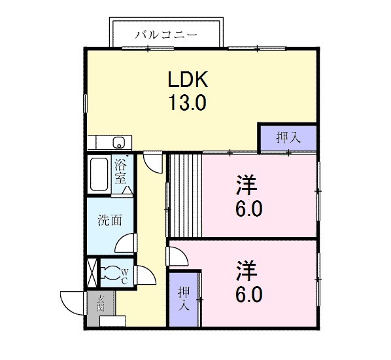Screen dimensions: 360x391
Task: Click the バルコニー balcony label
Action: tap(166, 34)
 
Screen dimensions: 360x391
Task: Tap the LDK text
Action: tap(188, 80)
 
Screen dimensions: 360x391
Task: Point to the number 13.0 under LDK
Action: tap(188, 103)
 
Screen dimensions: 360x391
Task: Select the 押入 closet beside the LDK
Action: tap(288, 137)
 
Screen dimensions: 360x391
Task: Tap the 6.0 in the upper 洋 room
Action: tap(249, 209)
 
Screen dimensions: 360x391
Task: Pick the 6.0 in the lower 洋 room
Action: tap(249, 295)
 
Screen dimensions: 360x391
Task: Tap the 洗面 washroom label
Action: tap(110, 221)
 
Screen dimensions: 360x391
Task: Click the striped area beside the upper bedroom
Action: tap(185, 194)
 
